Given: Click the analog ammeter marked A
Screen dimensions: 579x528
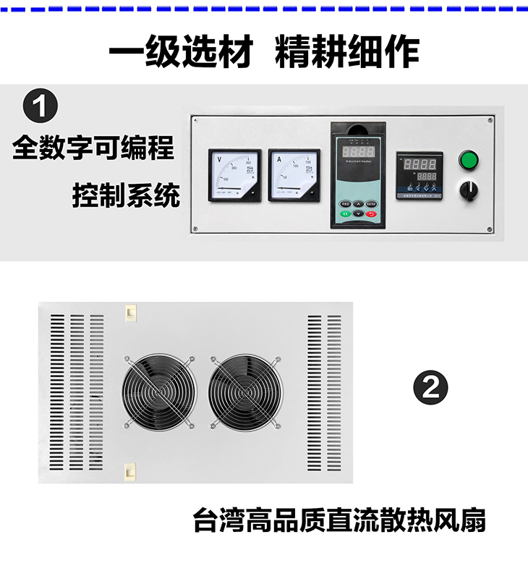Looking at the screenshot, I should [294, 175].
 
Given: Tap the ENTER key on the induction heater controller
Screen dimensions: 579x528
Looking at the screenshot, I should [371, 204].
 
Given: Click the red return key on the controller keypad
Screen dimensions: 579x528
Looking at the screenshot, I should [371, 214].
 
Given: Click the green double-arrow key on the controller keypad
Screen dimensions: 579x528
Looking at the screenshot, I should [345, 214].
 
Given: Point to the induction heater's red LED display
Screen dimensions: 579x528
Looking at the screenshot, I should [357, 153].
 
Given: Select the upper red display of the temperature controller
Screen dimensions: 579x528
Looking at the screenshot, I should [420, 163].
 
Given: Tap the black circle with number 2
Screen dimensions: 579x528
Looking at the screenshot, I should [430, 387].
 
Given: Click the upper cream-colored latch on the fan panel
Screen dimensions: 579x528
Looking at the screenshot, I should [129, 311].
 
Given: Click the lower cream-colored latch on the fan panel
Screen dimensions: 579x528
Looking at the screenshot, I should [129, 471].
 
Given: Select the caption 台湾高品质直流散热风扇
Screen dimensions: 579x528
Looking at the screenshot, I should [339, 520].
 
